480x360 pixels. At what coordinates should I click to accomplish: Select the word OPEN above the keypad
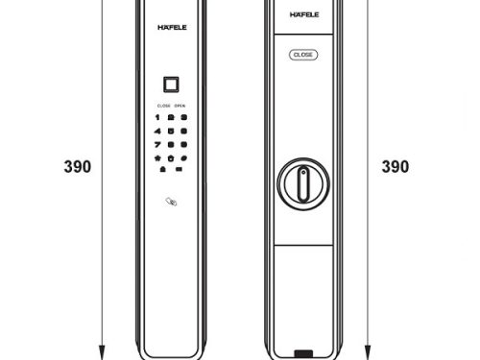180,105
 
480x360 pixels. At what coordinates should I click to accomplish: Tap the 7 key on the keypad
158,142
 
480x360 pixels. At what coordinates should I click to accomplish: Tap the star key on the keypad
158,156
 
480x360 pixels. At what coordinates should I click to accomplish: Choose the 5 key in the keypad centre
170,130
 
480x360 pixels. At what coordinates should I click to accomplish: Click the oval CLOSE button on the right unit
302,56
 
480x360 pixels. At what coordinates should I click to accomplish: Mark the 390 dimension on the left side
78,166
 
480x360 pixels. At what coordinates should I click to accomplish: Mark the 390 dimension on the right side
396,166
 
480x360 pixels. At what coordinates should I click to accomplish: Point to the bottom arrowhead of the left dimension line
102,349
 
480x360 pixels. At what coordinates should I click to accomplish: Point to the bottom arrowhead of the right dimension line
368,349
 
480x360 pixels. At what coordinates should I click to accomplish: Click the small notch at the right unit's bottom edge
303,353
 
